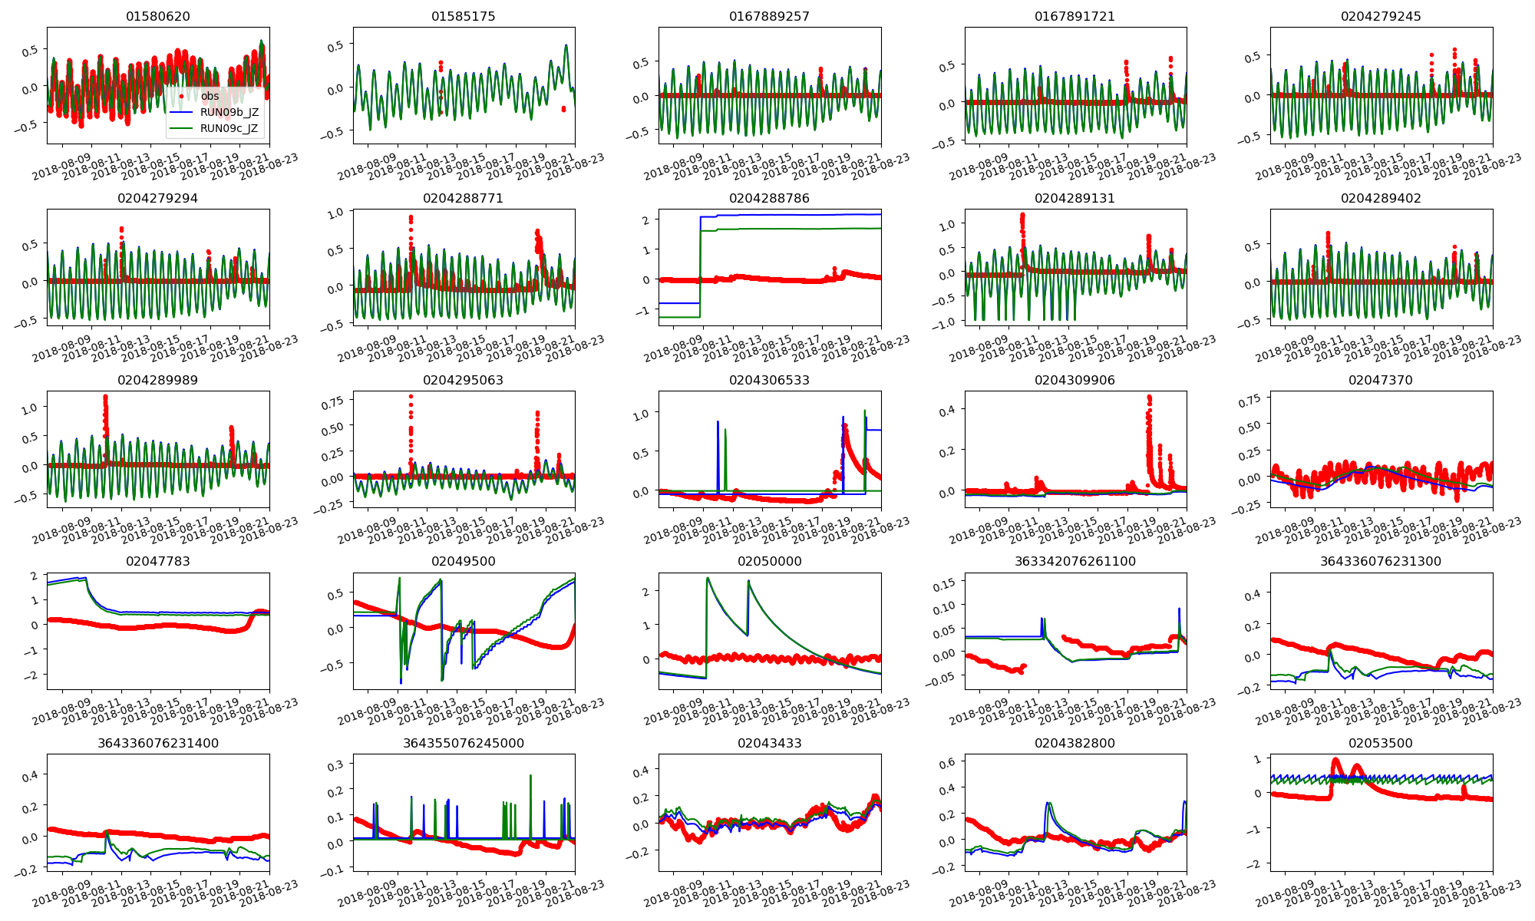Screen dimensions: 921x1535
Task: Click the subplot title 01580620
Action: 158,16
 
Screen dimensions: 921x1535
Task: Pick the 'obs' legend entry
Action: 210,96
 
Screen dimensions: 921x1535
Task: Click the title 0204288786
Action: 769,198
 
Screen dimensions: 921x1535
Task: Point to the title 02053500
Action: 1380,743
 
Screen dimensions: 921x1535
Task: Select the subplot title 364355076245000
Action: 464,743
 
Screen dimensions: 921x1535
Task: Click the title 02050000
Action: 769,561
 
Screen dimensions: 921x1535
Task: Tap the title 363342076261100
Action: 1074,561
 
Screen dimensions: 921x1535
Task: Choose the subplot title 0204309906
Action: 1074,380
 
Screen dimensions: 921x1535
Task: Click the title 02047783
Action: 158,561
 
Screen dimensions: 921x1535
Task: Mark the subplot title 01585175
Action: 464,16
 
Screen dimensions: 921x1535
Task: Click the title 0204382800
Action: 1074,743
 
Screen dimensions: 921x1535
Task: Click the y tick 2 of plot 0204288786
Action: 645,220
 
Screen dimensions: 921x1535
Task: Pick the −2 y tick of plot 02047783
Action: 31,675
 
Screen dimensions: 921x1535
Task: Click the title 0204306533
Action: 769,380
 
